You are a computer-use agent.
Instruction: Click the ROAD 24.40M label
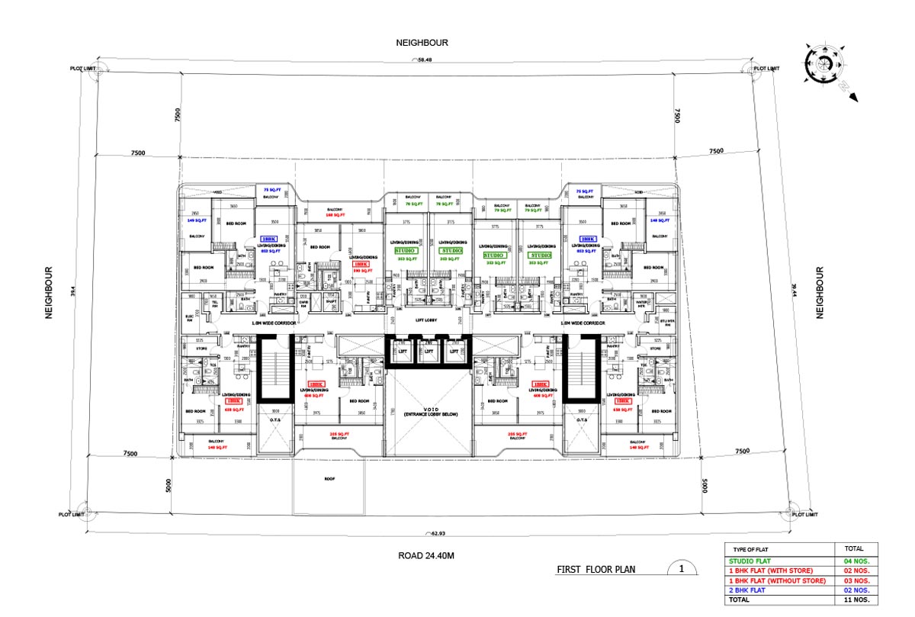click(426, 556)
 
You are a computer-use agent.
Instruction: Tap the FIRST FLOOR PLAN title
click(596, 569)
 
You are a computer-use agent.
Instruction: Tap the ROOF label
click(329, 479)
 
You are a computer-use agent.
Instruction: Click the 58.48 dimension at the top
click(424, 60)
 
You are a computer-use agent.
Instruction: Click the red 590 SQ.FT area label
click(361, 270)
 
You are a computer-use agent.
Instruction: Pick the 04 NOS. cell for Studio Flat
click(857, 561)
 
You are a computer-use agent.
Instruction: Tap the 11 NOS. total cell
click(857, 599)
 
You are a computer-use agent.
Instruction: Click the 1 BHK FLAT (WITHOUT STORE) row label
click(779, 580)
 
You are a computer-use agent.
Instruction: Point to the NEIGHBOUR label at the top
click(422, 43)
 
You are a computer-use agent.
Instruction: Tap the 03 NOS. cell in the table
click(857, 580)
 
